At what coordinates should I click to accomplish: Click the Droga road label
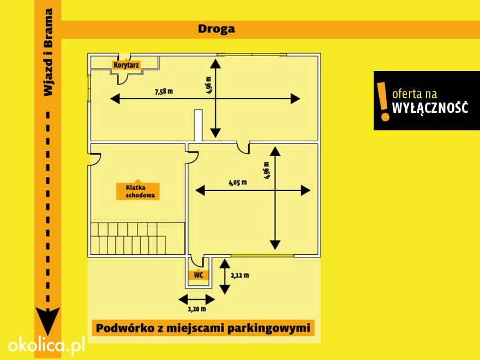pyautogui.click(x=217, y=29)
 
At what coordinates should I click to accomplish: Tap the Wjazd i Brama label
pyautogui.click(x=49, y=52)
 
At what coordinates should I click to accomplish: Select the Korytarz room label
pyautogui.click(x=126, y=65)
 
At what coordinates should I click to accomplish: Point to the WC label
pyautogui.click(x=199, y=275)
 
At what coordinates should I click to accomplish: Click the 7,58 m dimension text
pyautogui.click(x=164, y=91)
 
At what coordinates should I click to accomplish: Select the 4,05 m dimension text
pyautogui.click(x=238, y=183)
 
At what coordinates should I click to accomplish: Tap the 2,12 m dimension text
pyautogui.click(x=239, y=275)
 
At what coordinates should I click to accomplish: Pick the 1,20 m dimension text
pyautogui.click(x=197, y=309)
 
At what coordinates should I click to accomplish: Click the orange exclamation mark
pyautogui.click(x=383, y=101)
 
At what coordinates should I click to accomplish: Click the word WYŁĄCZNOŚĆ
pyautogui.click(x=430, y=108)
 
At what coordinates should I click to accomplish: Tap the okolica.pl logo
pyautogui.click(x=46, y=345)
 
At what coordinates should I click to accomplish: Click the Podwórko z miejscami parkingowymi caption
pyautogui.click(x=203, y=328)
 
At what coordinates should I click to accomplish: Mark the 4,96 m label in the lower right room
pyautogui.click(x=266, y=171)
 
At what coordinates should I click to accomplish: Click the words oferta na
pyautogui.click(x=415, y=93)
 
